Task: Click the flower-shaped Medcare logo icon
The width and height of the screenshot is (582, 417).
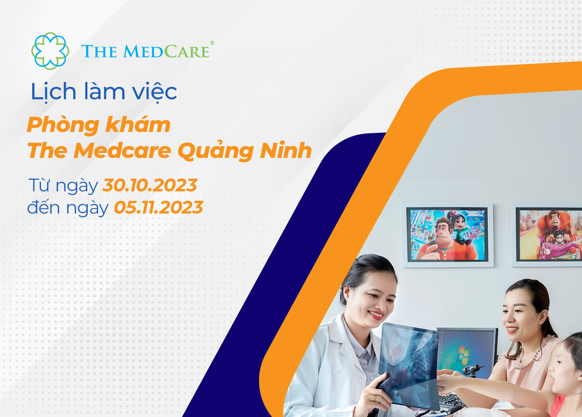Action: (50, 51)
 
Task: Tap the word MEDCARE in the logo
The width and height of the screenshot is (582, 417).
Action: (166, 51)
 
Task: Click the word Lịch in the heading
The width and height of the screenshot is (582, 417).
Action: (53, 92)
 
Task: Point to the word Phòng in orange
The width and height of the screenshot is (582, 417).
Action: (63, 126)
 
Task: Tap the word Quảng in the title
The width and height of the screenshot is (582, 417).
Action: (215, 151)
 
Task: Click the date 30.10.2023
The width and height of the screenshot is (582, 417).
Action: (150, 185)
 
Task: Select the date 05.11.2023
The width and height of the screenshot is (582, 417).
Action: (159, 207)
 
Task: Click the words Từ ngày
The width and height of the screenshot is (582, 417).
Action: (63, 186)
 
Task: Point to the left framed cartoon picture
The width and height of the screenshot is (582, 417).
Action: (447, 235)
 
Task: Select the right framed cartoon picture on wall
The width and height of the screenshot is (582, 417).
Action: (547, 235)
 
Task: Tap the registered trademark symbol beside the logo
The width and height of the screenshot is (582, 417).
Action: (212, 42)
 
